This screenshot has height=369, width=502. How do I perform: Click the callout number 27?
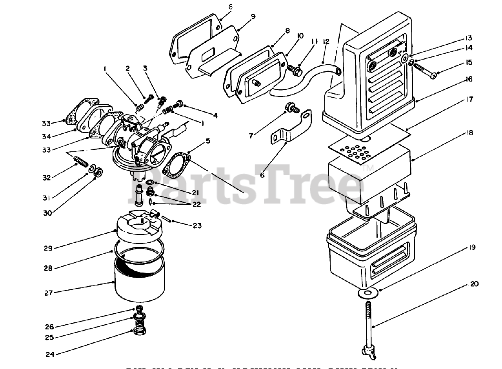[x=48, y=292]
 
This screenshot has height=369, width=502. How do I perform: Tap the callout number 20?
[x=474, y=285]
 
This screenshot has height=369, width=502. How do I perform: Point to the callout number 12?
[x=326, y=42]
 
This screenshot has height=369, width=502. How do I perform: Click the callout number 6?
[x=262, y=175]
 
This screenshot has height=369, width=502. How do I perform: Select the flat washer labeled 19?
[x=369, y=293]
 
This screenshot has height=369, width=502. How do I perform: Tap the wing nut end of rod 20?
[x=368, y=352]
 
